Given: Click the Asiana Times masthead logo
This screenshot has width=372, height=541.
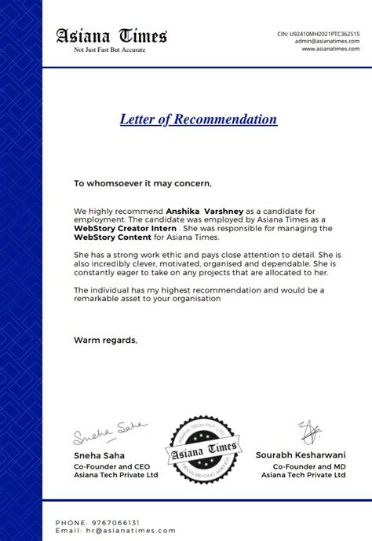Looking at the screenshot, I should coord(111,36).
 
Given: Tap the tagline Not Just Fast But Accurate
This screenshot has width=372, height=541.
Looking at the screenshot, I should coord(111,50).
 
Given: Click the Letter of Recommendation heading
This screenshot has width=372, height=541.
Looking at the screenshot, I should coord(199,120).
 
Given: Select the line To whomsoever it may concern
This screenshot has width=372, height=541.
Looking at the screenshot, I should coord(143,183).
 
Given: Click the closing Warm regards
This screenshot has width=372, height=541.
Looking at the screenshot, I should coord(105,340).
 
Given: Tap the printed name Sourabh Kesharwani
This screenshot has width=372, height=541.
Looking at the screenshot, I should coord(301,455).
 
